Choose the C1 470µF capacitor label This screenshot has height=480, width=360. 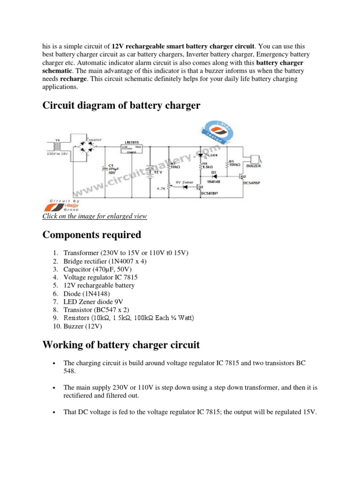pyautogui.click(x=112, y=169)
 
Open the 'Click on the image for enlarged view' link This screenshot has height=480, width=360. pyautogui.click(x=95, y=216)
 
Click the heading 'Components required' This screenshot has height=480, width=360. pyautogui.click(x=91, y=234)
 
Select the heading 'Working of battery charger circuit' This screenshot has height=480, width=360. pyautogui.click(x=121, y=345)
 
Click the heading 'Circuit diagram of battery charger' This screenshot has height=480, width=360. pyautogui.click(x=121, y=105)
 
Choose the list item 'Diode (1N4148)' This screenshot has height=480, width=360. pyautogui.click(x=88, y=293)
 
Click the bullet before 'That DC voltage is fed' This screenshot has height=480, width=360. pyautogui.click(x=55, y=412)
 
